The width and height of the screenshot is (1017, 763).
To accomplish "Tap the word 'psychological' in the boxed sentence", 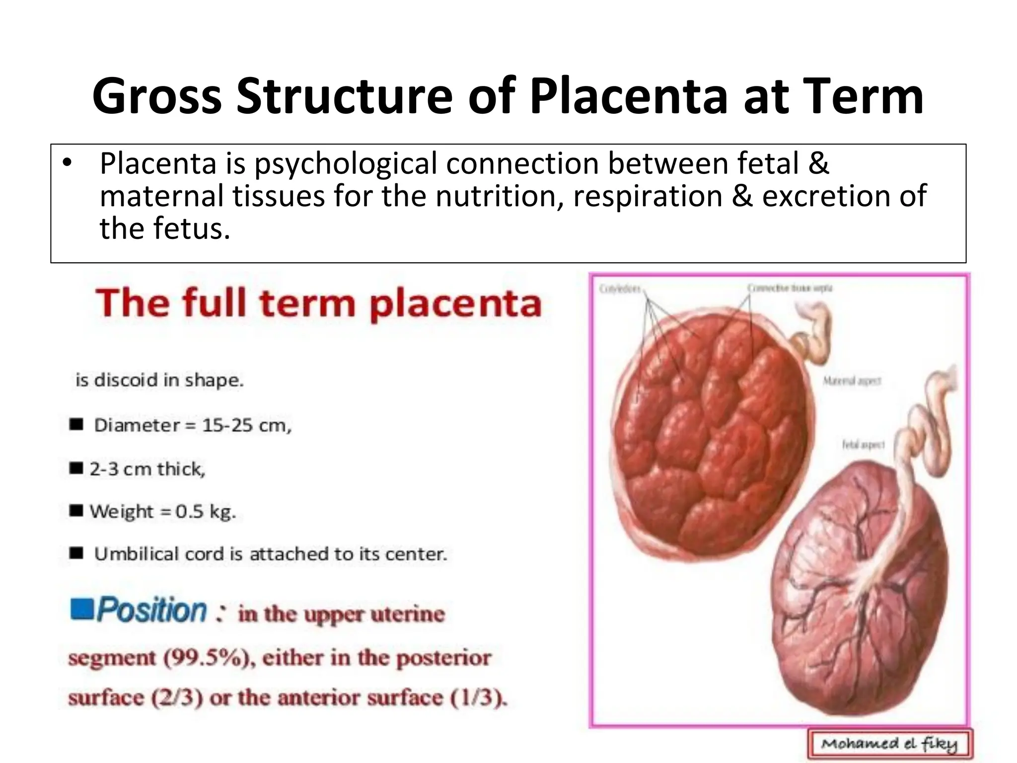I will tap(346, 163).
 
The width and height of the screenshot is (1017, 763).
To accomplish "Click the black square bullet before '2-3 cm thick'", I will tap(76, 468).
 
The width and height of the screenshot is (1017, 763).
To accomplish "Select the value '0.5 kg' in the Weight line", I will tap(205, 511).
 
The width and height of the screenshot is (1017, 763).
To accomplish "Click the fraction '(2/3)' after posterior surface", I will tap(177, 698).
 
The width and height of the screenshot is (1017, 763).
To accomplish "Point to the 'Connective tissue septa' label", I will tap(790, 288).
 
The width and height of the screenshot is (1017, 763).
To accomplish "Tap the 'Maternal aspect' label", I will tap(852, 381).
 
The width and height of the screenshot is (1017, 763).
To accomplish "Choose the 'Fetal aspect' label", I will tap(863, 445).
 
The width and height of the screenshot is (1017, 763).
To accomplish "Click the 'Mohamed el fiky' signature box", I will tap(889, 744).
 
